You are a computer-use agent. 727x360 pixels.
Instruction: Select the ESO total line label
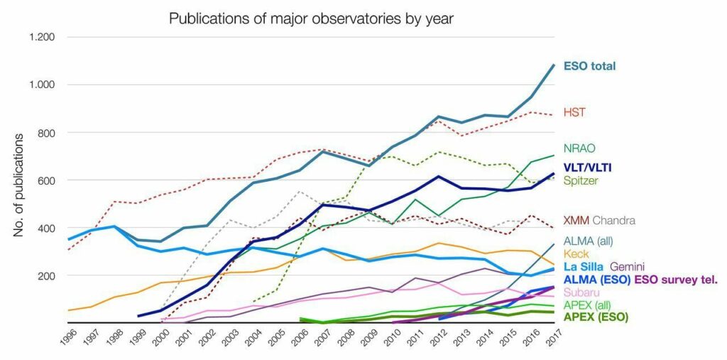click(x=589, y=66)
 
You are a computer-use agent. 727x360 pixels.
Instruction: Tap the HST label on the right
click(x=574, y=111)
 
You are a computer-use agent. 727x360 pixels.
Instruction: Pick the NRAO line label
click(x=579, y=148)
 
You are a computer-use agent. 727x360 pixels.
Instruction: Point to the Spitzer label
click(x=581, y=180)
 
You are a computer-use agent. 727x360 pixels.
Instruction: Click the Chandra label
click(x=613, y=220)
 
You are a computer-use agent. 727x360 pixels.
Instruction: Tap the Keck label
click(x=576, y=253)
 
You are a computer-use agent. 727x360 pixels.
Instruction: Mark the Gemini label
click(x=628, y=267)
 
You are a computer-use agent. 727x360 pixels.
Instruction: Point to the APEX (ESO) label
click(x=596, y=317)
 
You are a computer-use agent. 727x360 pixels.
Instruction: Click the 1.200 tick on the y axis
click(x=42, y=37)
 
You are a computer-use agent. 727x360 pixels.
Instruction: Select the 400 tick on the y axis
click(x=47, y=228)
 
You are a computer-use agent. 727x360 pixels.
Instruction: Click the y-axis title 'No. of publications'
click(x=18, y=185)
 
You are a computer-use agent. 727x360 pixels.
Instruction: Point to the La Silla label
click(x=583, y=267)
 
